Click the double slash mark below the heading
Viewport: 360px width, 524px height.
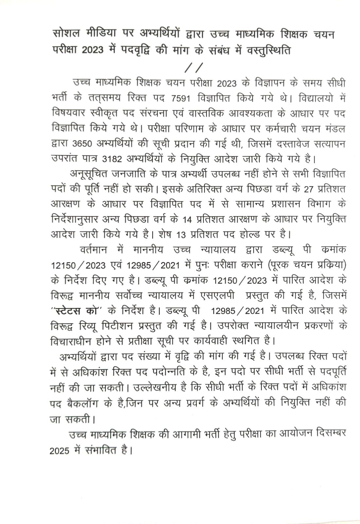[194, 67]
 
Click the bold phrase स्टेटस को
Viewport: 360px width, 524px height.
[75, 310]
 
